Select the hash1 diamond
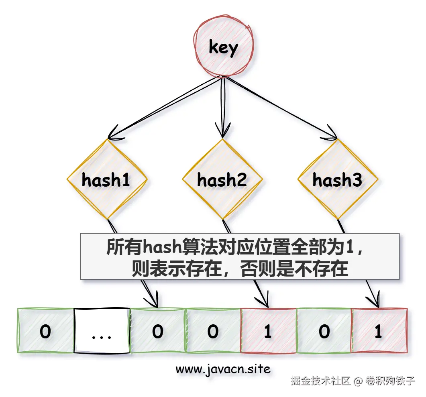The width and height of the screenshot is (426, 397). point(106,179)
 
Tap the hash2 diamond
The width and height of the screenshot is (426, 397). point(222,179)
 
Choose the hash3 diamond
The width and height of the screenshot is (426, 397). point(337,179)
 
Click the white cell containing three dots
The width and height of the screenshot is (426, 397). point(102,331)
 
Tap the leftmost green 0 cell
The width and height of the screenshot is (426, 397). point(46,331)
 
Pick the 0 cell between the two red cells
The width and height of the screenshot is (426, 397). point(324,331)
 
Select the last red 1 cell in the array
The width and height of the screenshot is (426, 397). point(379,331)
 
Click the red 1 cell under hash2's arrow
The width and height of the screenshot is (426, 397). point(268,331)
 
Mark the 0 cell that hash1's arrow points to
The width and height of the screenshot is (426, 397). point(158,331)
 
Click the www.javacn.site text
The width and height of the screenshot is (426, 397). point(223,368)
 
